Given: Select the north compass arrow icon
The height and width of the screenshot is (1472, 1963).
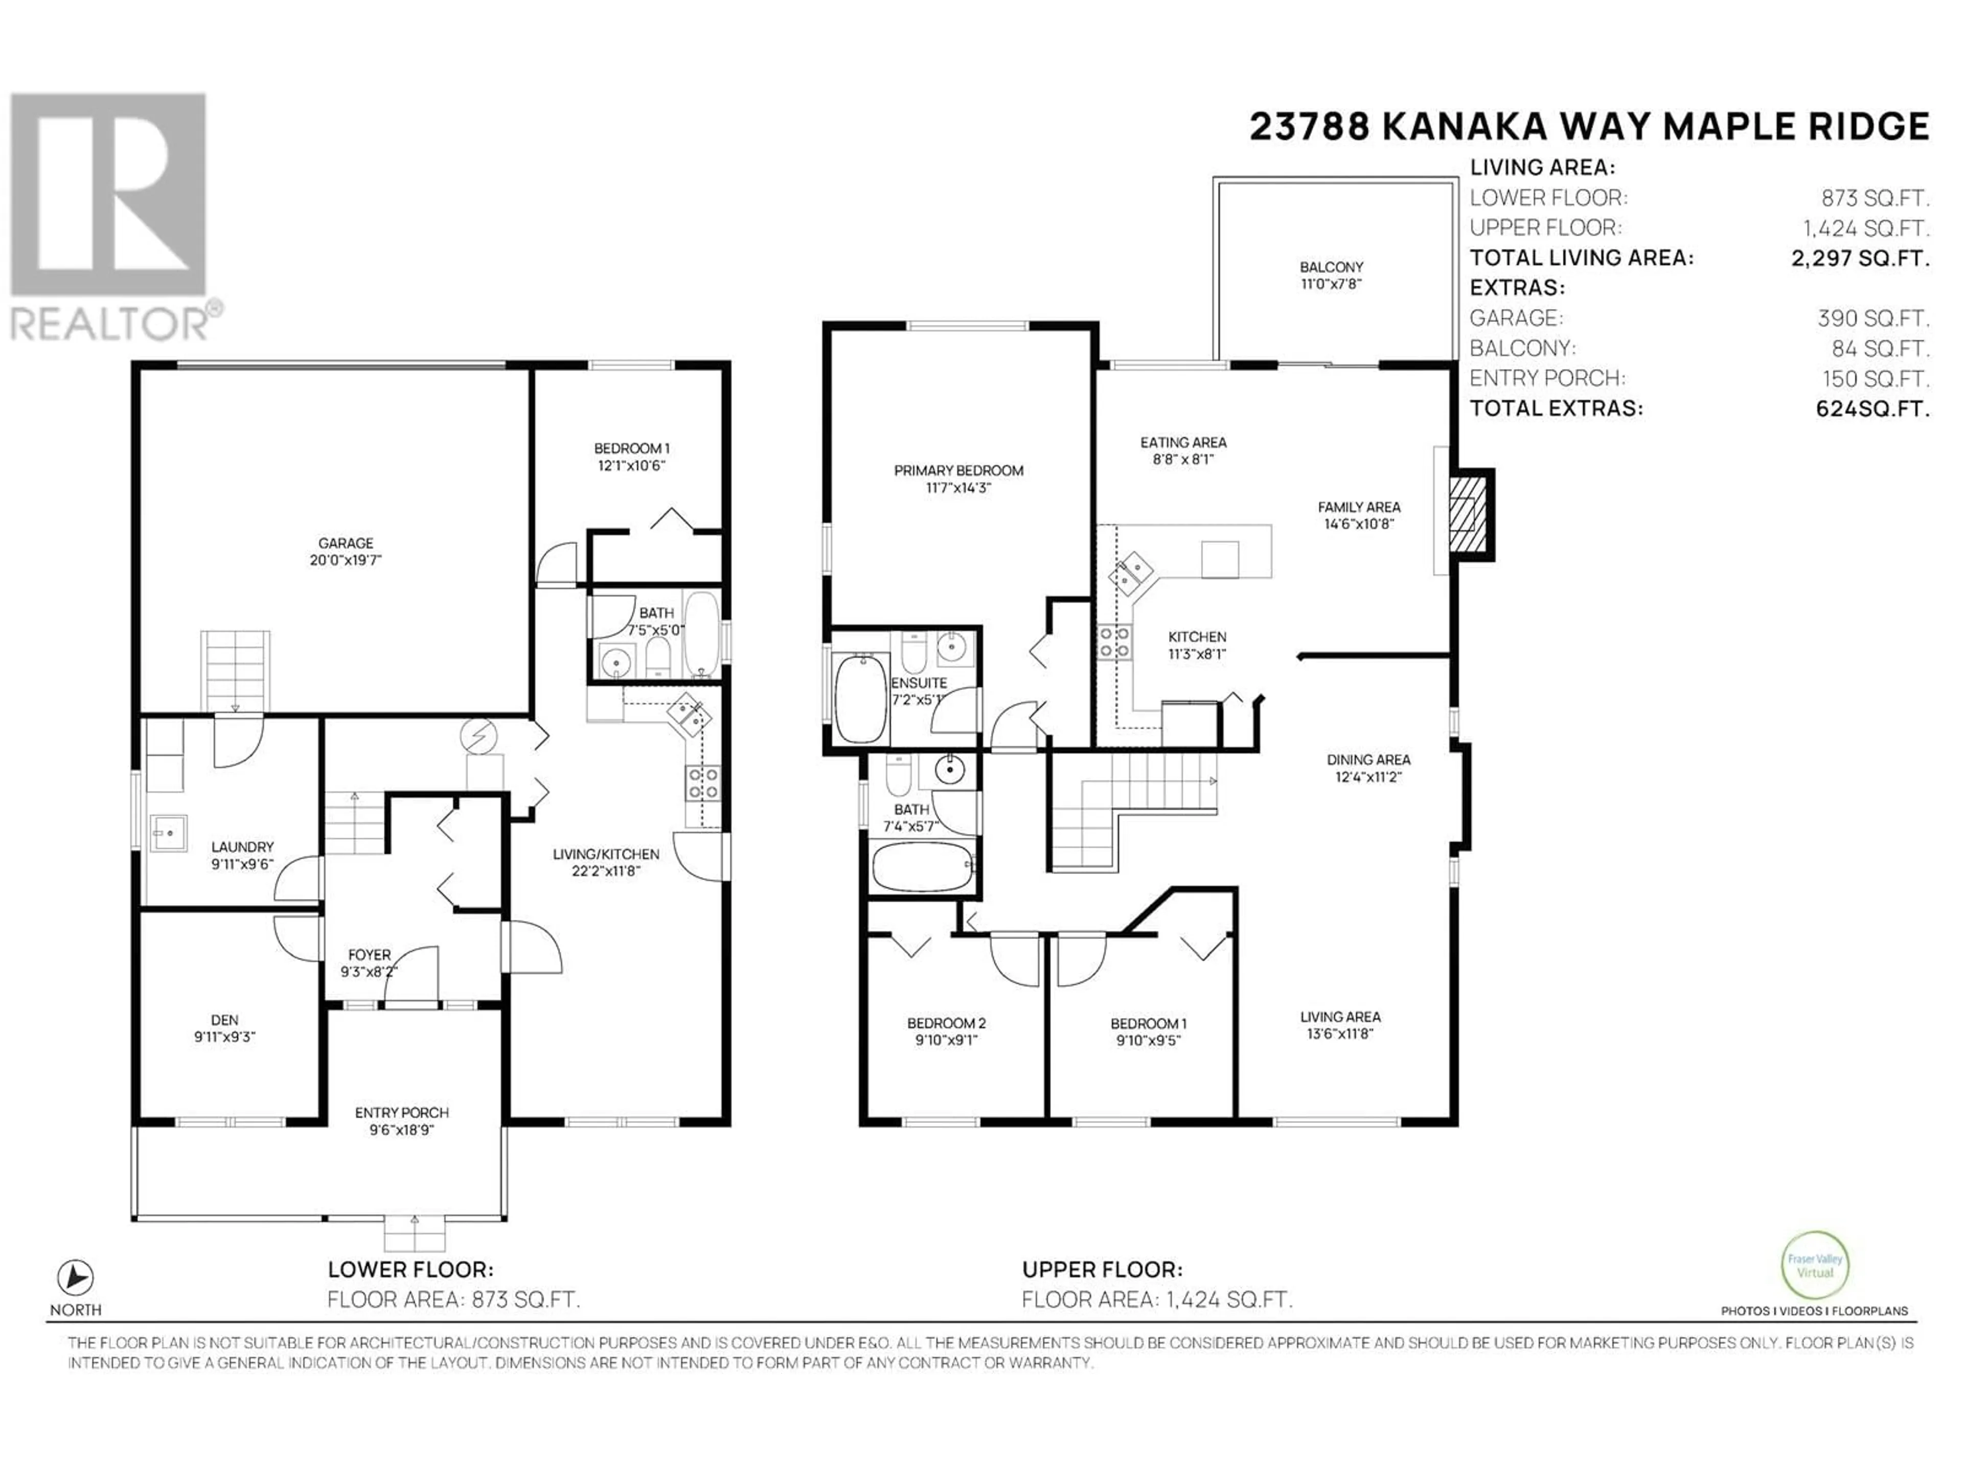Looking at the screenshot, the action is point(76,1278).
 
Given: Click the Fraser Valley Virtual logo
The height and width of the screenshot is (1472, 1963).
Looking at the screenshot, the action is point(1815,1266).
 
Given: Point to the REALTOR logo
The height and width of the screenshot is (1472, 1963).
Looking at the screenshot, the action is point(113,217).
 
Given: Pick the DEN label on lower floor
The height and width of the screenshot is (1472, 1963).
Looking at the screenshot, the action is point(224,1020).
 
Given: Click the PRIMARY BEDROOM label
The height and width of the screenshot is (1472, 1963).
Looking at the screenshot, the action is point(958,470).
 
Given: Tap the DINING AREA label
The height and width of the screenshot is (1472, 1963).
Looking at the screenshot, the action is point(1368,760).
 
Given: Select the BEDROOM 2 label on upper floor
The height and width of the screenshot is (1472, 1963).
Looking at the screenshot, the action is point(946,1023).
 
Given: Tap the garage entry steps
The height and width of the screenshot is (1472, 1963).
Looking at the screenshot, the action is point(235,671).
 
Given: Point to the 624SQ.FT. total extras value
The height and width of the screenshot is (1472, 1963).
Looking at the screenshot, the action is point(1873,409).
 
